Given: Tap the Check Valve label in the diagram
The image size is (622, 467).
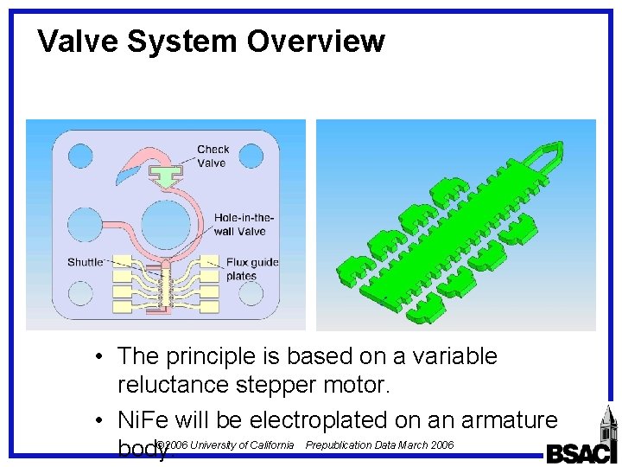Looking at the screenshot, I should tap(213, 157).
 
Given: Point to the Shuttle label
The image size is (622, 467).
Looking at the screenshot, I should tap(86, 262).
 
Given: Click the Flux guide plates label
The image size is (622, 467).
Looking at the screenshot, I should tap(251, 269).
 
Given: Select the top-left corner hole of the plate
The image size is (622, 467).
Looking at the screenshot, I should tap(80, 156).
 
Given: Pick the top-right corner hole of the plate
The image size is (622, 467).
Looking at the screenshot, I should tap(251, 156).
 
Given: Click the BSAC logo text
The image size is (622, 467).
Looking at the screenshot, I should tap(581, 453).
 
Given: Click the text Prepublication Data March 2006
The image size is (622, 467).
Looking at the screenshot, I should tap(379, 445).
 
